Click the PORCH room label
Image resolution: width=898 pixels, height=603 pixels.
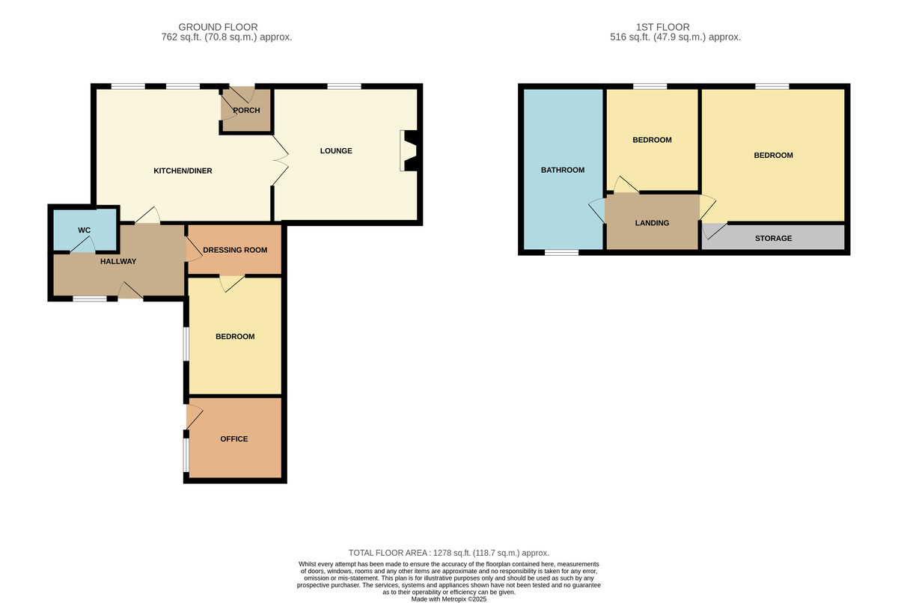[246, 110]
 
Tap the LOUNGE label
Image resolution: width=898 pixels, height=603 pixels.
[336, 150]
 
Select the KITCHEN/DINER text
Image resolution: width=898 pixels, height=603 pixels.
[183, 171]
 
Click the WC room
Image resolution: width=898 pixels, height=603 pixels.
[85, 230]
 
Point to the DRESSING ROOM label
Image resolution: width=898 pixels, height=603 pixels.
[235, 250]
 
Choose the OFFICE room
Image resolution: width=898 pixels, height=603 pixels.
[235, 438]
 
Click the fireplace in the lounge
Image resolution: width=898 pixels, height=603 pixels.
[409, 150]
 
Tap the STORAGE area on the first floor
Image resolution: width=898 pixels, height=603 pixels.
[773, 237]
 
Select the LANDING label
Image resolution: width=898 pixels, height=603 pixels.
[652, 223]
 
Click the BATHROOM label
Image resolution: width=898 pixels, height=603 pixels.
[563, 170]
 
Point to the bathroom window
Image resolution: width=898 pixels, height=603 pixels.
[562, 252]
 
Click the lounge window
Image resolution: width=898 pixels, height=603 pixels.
[344, 86]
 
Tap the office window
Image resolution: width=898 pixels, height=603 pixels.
[186, 455]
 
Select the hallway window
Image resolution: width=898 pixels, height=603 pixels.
[90, 299]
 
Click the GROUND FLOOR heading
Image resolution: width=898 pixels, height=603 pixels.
[218, 27]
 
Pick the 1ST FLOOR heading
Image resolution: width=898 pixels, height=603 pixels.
[663, 27]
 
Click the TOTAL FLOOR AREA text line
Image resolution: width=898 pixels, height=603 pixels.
[448, 553]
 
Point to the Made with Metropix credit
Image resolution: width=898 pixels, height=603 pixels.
[448, 599]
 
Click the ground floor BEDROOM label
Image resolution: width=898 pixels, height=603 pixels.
[235, 337]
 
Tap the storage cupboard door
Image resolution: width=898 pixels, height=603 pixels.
[715, 231]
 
